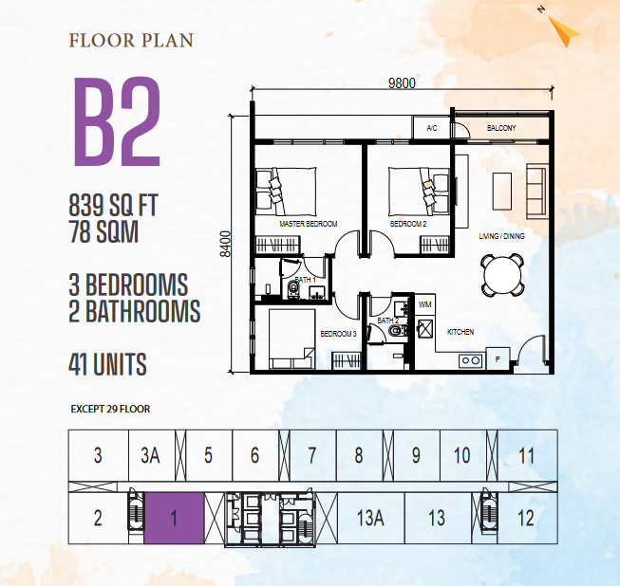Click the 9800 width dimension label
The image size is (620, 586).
[402, 82]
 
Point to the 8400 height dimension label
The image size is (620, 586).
[225, 244]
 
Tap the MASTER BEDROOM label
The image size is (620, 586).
[309, 224]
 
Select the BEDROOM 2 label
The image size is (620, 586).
[408, 224]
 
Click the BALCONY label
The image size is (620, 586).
[501, 128]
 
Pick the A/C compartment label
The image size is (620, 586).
[432, 128]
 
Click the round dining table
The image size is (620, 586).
[502, 275]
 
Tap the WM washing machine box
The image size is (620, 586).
[425, 304]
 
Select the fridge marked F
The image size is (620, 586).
[498, 359]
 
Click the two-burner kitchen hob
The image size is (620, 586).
[471, 361]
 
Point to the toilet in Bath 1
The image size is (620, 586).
[293, 289]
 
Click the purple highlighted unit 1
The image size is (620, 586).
[174, 518]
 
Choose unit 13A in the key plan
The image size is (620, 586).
[371, 518]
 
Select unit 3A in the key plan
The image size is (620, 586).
[152, 455]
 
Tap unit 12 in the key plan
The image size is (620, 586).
[527, 518]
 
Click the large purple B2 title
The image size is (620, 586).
[118, 121]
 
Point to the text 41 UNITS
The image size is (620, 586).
[107, 364]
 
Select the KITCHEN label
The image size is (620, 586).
[460, 332]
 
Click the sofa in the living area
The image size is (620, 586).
[535, 191]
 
